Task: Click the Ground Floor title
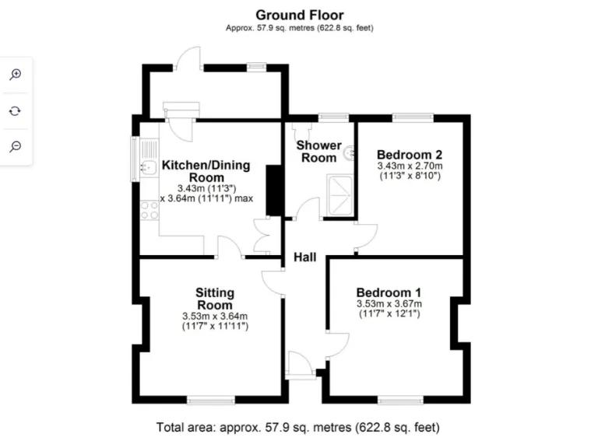300,15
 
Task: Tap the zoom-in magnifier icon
15,74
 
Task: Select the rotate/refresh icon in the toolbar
15,110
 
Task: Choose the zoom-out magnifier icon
15,146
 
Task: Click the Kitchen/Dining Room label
206,172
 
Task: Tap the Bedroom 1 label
389,291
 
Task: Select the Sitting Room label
214,299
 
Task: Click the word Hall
304,257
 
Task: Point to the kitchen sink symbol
146,166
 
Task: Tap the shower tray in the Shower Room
339,194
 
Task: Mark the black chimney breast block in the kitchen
274,191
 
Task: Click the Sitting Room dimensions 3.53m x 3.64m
214,316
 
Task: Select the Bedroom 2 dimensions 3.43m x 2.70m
409,166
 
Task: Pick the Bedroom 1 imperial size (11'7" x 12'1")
389,314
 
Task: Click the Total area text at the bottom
298,427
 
